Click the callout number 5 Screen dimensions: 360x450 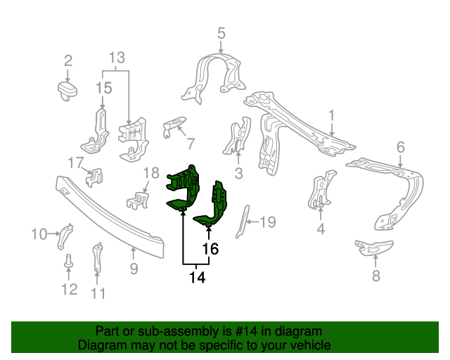click(221, 32)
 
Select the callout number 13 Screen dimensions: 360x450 click(116, 57)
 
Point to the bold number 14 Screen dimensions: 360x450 click(197, 278)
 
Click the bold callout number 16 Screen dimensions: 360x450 click(210, 248)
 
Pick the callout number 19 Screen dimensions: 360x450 click(268, 223)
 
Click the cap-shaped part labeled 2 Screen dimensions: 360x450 click(67, 89)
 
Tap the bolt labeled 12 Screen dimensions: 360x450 click(69, 262)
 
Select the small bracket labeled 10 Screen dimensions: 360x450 click(65, 234)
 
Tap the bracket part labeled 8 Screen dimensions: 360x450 click(373, 247)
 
